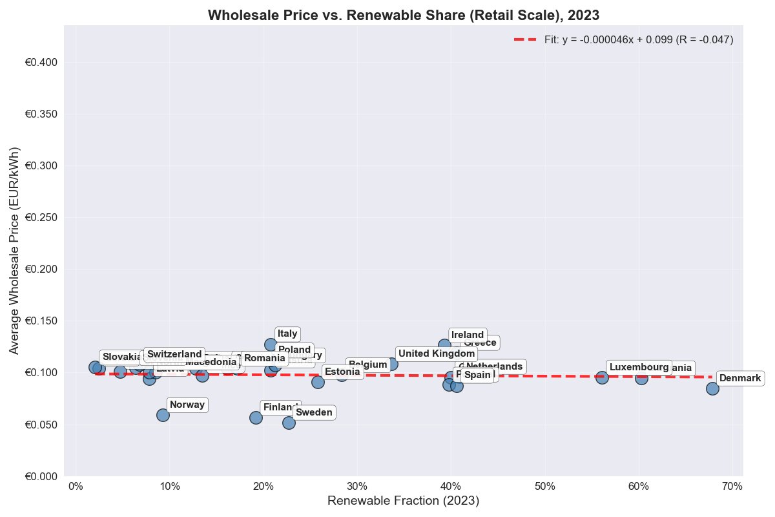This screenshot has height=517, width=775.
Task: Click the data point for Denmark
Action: [x=712, y=388]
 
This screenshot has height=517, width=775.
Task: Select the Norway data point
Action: [x=163, y=415]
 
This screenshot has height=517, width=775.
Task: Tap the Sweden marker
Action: [x=289, y=423]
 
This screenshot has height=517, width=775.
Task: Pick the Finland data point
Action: [x=256, y=417]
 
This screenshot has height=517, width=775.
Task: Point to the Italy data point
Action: [x=271, y=344]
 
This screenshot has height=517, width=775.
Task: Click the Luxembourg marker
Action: [x=602, y=377]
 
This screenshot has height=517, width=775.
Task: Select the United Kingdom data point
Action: [x=391, y=364]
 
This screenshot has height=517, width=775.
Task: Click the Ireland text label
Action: [x=468, y=335]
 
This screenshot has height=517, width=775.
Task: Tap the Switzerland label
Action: [x=174, y=354]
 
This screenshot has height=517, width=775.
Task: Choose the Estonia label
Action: [x=342, y=372]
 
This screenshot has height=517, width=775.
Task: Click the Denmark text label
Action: [x=740, y=378]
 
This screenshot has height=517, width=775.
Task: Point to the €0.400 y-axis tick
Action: [x=41, y=63]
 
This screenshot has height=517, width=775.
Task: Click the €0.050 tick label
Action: [x=41, y=425]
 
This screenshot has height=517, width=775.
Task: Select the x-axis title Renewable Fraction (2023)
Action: [x=404, y=501]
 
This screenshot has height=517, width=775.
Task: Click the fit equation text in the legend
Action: [x=639, y=39]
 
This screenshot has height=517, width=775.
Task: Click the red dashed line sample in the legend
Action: [x=526, y=39]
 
